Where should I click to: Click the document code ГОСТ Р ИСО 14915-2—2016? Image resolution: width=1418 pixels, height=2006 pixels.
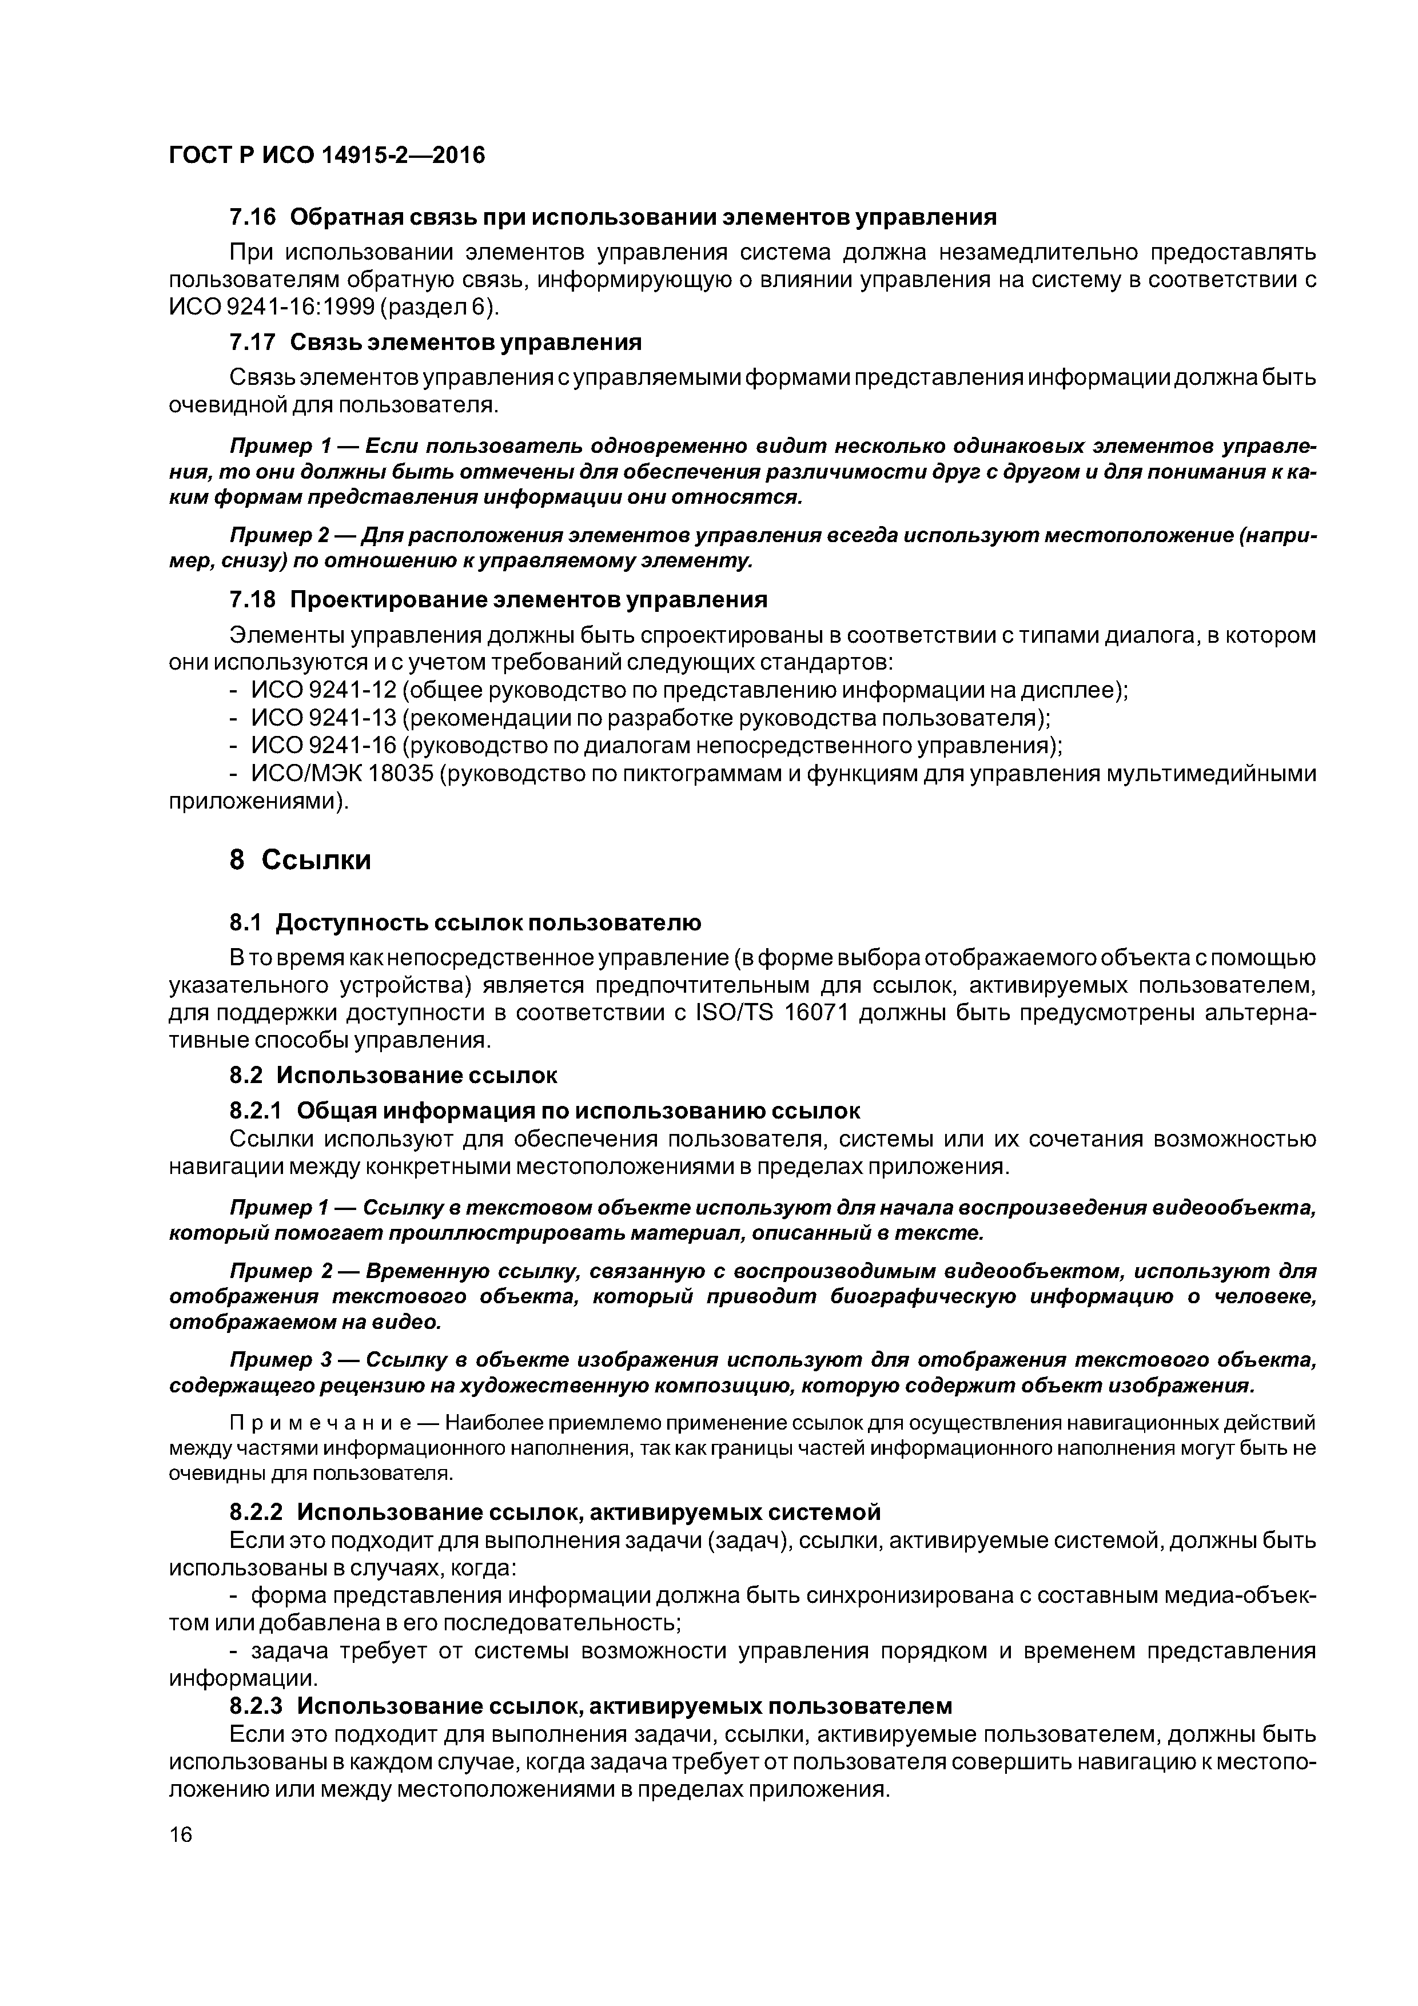326,156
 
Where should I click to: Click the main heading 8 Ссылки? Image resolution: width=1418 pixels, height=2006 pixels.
300,861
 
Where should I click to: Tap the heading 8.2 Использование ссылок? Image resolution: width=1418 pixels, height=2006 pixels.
393,1074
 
